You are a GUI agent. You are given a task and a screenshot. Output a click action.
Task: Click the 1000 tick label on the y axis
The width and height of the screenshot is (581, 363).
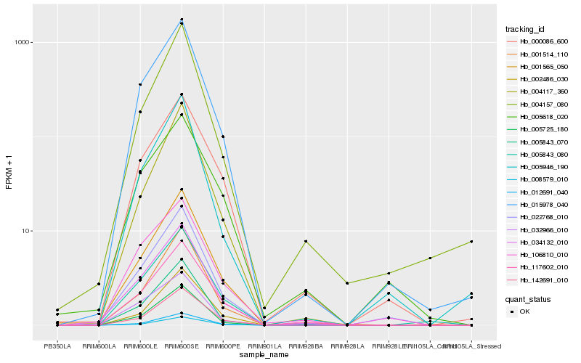[23, 42]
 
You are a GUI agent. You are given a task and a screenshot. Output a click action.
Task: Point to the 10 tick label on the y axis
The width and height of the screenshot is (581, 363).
[25, 231]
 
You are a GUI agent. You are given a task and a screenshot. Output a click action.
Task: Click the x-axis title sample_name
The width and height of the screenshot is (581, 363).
[264, 354]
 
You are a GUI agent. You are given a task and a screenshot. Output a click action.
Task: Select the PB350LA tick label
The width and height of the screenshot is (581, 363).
[57, 346]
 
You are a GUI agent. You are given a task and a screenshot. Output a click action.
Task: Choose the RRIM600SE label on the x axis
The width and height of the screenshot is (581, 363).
[182, 346]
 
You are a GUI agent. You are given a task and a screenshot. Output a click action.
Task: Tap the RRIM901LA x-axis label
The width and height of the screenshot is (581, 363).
[264, 346]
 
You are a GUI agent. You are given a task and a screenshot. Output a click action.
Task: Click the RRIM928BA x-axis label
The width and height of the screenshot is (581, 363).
[306, 346]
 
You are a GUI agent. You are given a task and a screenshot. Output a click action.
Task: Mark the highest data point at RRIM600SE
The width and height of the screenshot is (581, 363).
[182, 20]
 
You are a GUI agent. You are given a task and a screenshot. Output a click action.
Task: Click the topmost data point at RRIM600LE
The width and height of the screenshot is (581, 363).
[140, 84]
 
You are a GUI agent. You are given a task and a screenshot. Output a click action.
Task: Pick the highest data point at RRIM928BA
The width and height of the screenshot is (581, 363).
[306, 241]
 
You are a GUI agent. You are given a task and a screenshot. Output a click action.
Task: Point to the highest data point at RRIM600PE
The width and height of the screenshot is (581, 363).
[223, 136]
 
